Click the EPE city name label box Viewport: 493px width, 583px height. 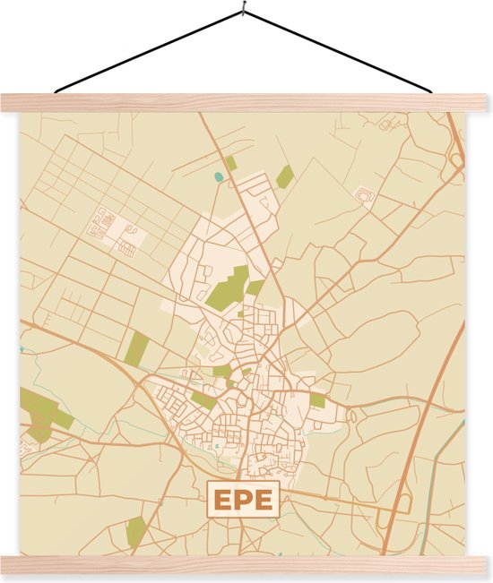click(x=244, y=499)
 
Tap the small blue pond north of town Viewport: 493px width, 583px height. click(x=219, y=176)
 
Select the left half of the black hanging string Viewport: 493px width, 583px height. click(x=148, y=52)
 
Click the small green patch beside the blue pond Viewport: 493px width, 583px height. click(x=231, y=163)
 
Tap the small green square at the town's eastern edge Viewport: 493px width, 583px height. click(x=318, y=400)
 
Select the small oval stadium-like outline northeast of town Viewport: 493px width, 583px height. click(x=365, y=196)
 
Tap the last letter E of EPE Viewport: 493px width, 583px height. click(x=264, y=500)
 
